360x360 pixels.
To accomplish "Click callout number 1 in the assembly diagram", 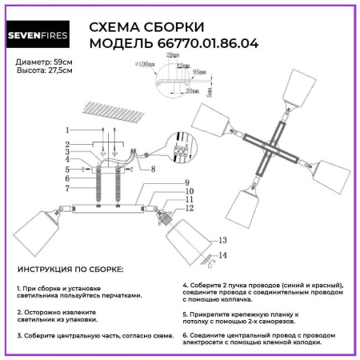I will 68,129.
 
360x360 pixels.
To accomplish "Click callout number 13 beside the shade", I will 222,240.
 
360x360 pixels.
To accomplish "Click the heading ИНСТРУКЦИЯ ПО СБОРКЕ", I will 70,270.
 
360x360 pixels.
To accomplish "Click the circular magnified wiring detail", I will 181,151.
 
